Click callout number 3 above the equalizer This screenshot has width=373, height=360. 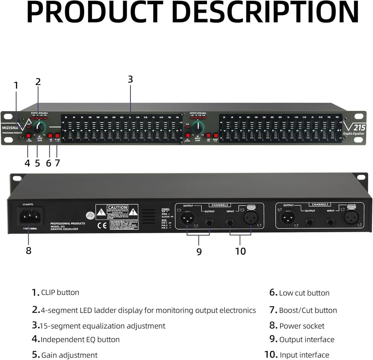[x=130, y=79]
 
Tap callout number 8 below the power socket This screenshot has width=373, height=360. [x=29, y=250]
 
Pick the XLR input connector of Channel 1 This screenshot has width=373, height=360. [x=351, y=216]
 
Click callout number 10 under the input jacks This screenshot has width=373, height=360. [x=241, y=251]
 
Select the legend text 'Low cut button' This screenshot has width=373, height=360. [x=304, y=293]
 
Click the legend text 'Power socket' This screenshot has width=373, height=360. [x=302, y=326]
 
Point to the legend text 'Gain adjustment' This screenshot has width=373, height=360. [x=69, y=355]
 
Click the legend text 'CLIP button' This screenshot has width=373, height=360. [x=60, y=292]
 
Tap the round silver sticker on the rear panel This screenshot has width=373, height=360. [x=89, y=215]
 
